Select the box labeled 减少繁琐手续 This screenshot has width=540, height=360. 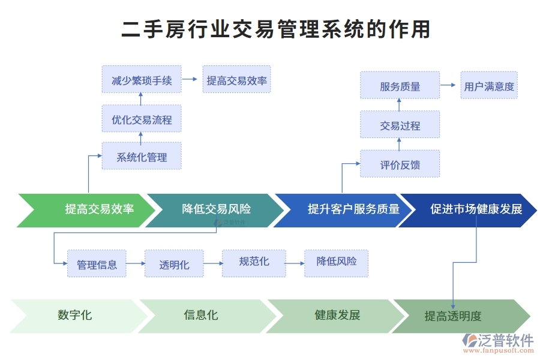click(142, 80)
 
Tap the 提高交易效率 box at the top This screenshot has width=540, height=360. click(236, 80)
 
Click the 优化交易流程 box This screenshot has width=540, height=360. click(142, 119)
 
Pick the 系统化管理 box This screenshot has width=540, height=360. click(142, 157)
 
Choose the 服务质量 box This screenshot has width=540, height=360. click(400, 85)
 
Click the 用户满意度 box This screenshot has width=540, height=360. click(488, 85)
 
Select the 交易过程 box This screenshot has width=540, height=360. click(400, 125)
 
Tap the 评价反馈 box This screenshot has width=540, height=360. click(400, 164)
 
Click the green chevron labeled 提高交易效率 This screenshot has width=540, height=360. click(90, 210)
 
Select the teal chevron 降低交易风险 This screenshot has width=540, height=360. click(216, 210)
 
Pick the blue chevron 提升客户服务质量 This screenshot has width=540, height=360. click(345, 210)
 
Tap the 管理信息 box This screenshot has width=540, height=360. click(97, 264)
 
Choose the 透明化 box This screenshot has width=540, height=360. click(174, 264)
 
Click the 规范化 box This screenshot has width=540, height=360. click(254, 263)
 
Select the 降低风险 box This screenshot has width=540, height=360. click(336, 263)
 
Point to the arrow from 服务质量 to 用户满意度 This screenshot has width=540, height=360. click(448, 85)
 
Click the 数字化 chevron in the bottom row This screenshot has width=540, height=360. click(75, 316)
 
